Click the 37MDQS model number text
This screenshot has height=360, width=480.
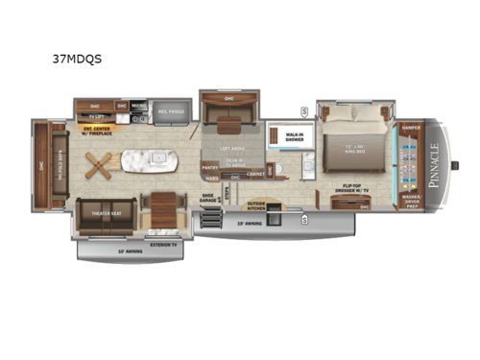pyautogui.click(x=80, y=58)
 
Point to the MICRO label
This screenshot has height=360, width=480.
pyautogui.click(x=137, y=106)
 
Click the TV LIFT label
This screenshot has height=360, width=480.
pyautogui.click(x=95, y=115)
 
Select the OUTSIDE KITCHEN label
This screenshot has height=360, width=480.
pyautogui.click(x=258, y=204)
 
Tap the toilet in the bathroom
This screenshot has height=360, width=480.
pyautogui.click(x=283, y=174)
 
